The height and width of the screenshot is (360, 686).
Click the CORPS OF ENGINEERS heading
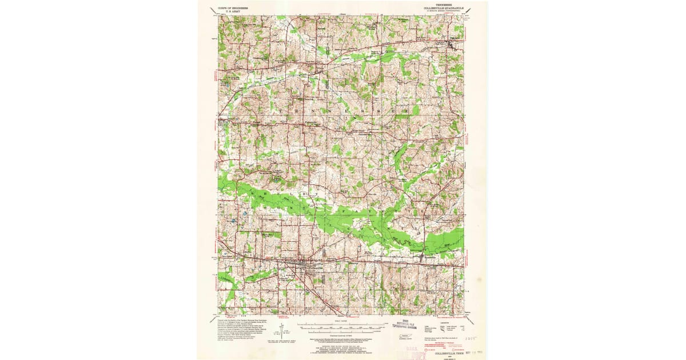[236, 8]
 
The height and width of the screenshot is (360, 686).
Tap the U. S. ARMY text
[236, 12]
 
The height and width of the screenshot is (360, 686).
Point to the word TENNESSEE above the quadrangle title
[447, 4]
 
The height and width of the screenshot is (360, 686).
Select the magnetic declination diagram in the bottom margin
[281, 330]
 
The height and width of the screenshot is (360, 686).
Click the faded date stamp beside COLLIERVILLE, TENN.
[474, 353]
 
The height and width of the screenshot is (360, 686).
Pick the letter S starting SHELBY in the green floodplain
[250, 195]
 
